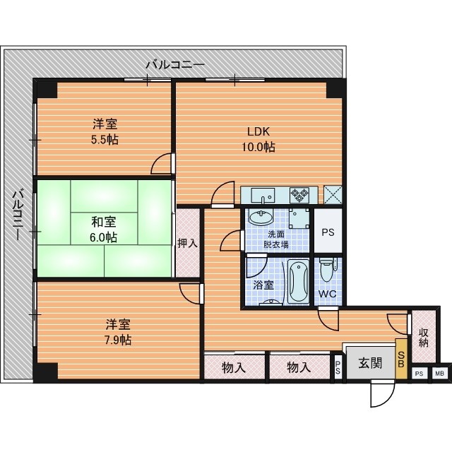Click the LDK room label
[258, 132]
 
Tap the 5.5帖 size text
[105, 140]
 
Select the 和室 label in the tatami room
[104, 222]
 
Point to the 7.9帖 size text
[118, 340]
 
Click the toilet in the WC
[327, 270]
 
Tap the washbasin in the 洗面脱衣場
[261, 218]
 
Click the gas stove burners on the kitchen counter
[299, 195]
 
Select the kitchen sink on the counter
[262, 196]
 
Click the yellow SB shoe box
[401, 359]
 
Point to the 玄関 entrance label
[370, 363]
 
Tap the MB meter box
[439, 374]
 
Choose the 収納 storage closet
[424, 337]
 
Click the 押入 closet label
[188, 244]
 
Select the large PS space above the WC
[328, 231]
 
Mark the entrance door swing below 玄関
[382, 393]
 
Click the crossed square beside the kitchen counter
[333, 195]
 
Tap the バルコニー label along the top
[175, 64]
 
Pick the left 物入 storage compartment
[234, 367]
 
